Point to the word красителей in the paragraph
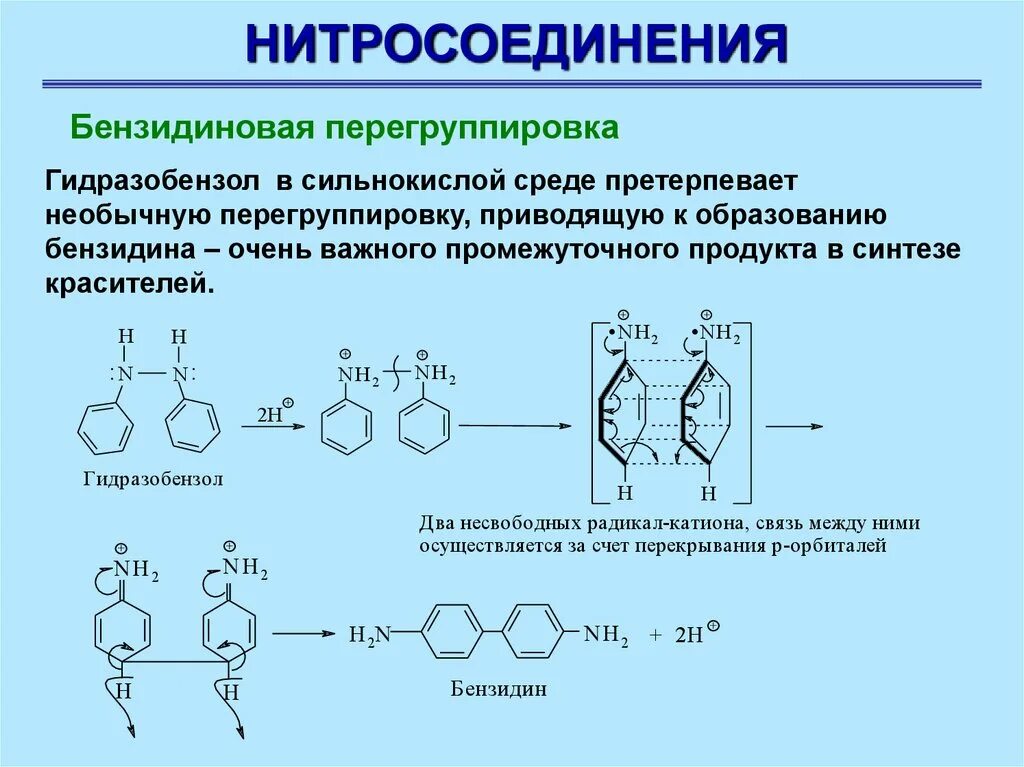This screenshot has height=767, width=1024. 128,283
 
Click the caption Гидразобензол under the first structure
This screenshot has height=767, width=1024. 153,479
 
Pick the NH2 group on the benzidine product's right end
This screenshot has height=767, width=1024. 606,634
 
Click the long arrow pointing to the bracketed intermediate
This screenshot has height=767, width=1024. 515,425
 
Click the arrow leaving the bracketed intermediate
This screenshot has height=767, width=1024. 795,425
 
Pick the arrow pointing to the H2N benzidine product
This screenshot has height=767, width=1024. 302,634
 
